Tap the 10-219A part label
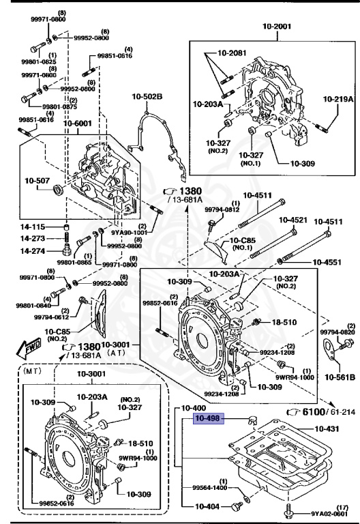[338, 99]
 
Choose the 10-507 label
[38, 181]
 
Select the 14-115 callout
[32, 227]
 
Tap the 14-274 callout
[32, 251]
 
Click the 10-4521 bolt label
[292, 220]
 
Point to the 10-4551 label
[330, 261]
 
